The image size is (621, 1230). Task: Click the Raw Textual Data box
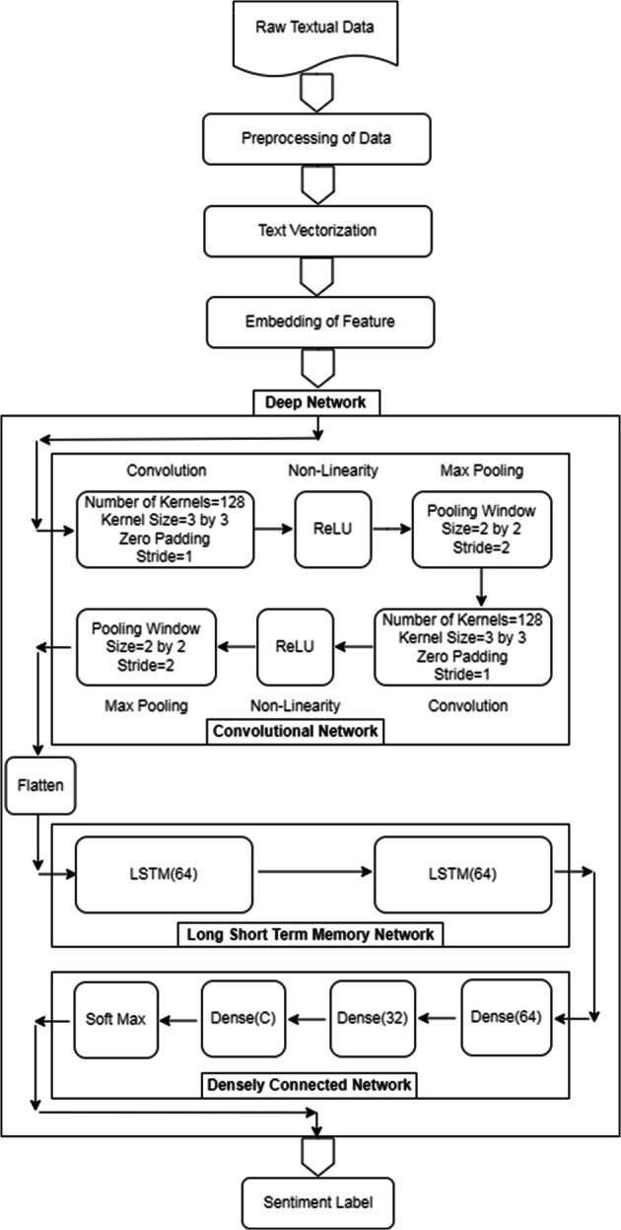pos(316,34)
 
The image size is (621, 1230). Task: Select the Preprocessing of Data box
pos(316,138)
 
